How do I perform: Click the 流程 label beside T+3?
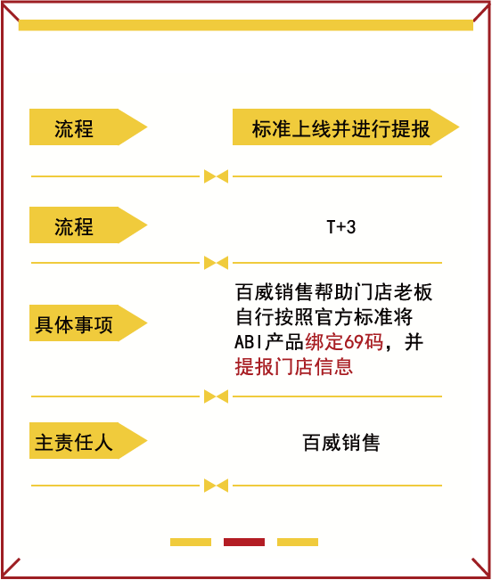tap(88, 225)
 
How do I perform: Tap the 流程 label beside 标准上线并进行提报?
tap(88, 127)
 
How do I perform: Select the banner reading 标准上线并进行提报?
tap(346, 127)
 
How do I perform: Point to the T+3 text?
tap(341, 227)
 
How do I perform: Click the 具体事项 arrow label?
tap(88, 323)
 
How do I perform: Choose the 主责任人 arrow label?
tap(88, 440)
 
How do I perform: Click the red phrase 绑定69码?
tap(344, 342)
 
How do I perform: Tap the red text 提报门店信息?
tap(294, 366)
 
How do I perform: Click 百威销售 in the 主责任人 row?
tap(341, 443)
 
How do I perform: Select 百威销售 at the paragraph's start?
tap(274, 292)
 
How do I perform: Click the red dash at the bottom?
tap(244, 542)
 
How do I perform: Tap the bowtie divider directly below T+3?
tap(216, 263)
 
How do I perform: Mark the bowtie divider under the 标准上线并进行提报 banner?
tap(216, 176)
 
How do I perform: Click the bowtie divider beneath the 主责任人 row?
tap(216, 486)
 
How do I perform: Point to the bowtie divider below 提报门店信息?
tap(216, 396)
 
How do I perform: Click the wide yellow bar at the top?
tap(246, 25)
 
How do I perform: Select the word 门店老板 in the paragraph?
tap(393, 292)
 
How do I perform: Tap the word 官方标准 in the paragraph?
tap(353, 317)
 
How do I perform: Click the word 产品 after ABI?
tap(284, 342)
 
